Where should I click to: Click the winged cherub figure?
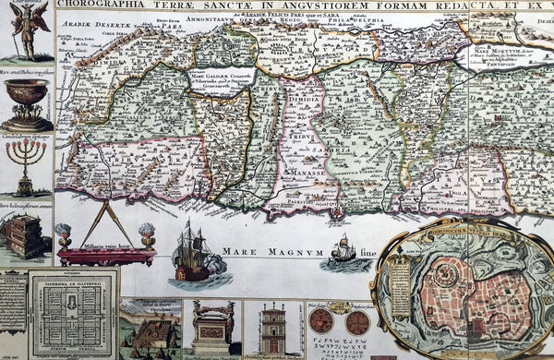(x=27, y=28)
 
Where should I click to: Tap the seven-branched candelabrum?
(x=26, y=166)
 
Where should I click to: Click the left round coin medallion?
(x=320, y=321)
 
